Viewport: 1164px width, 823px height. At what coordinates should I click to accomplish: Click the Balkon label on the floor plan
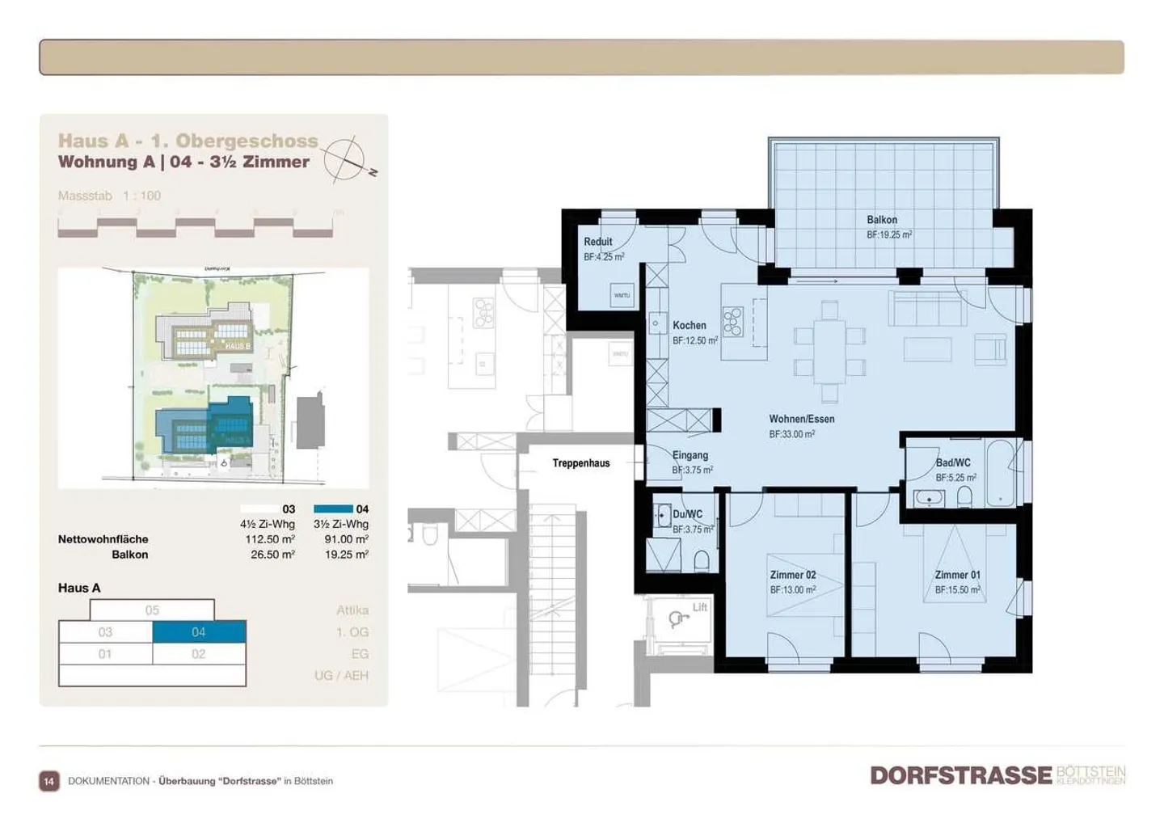881,220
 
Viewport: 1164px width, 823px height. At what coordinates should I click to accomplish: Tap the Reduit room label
597,242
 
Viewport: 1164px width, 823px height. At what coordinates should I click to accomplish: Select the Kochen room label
689,325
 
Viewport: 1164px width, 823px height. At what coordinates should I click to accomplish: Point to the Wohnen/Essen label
801,419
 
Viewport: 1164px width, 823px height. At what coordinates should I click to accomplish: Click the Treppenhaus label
580,463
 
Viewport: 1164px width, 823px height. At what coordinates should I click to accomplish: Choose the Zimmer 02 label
792,575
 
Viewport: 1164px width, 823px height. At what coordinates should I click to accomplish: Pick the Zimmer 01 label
957,575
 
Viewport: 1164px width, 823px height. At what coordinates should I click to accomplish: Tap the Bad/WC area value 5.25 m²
955,478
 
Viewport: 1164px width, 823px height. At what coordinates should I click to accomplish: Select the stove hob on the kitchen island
733,321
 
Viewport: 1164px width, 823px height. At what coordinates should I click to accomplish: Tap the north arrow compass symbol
346,158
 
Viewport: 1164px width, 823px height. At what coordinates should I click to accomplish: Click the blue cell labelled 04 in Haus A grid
199,632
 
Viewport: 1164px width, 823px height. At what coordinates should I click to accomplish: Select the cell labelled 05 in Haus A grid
152,610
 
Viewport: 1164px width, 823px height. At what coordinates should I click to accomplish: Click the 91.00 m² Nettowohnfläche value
346,539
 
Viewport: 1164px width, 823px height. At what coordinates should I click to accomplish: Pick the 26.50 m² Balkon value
272,555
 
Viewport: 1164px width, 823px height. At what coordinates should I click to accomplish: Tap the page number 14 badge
49,781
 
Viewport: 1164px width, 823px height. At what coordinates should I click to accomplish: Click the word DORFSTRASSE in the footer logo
960,775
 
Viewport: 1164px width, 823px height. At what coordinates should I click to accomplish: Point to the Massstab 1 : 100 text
109,196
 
